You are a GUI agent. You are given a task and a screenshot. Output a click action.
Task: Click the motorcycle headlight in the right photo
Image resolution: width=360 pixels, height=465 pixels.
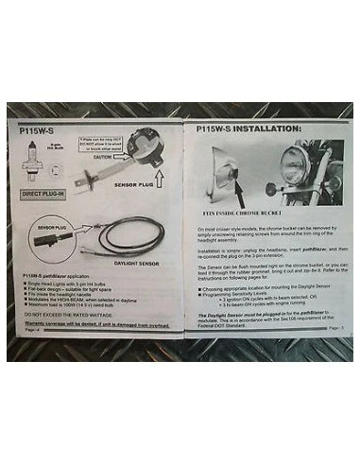[x=294, y=168]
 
